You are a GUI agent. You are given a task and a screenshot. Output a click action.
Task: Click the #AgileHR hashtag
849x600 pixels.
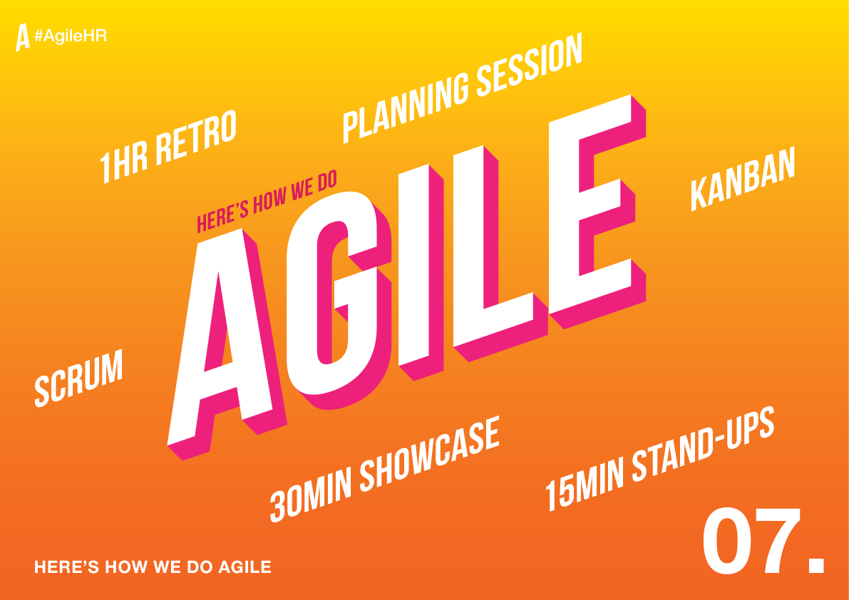(x=71, y=36)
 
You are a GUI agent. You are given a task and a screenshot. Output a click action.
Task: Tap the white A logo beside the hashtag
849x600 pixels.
(x=22, y=37)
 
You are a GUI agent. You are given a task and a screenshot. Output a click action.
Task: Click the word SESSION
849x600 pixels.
(x=529, y=66)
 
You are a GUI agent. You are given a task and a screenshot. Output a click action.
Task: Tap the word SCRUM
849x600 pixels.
(x=78, y=378)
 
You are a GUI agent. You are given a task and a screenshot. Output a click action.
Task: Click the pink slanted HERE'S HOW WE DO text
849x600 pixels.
(x=267, y=202)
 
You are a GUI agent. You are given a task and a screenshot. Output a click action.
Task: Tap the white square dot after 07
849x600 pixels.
(x=816, y=565)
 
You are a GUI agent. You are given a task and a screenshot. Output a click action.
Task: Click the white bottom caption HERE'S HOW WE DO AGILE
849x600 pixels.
(x=153, y=567)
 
